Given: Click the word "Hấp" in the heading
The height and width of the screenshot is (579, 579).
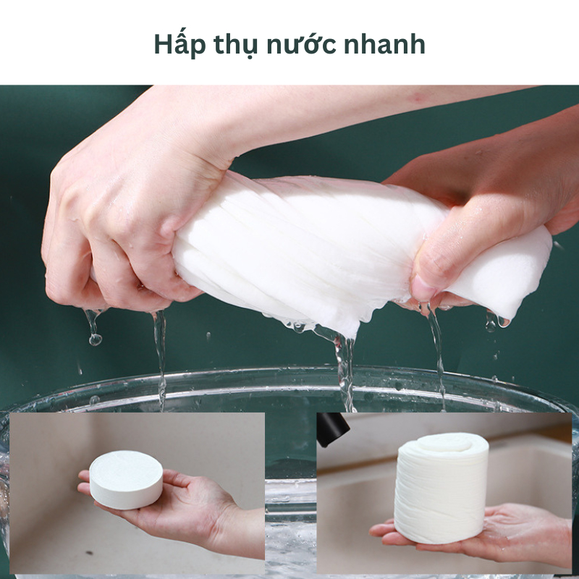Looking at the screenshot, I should [x=177, y=45].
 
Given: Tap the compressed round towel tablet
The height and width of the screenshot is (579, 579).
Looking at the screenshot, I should [x=126, y=479].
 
